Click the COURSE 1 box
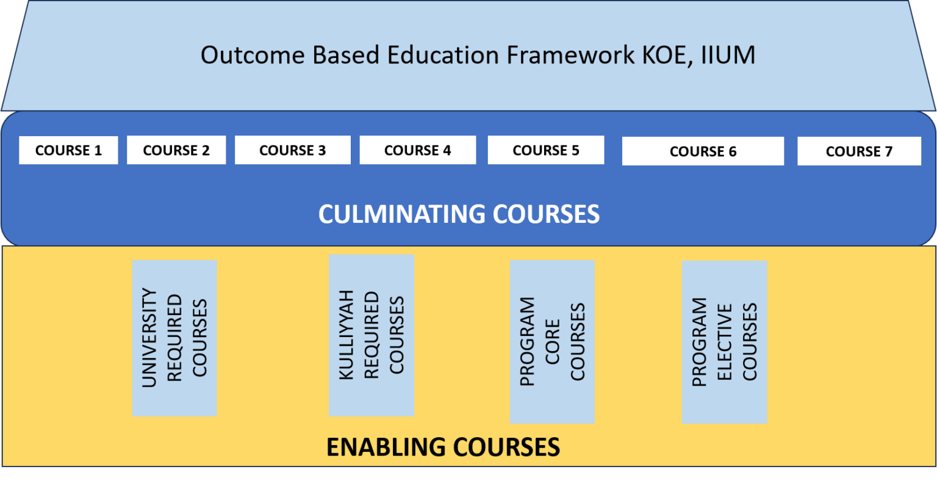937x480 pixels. [68, 150]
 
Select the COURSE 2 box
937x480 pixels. [176, 150]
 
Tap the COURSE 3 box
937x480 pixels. [293, 150]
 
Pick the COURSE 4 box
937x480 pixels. [418, 150]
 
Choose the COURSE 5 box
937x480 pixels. [546, 150]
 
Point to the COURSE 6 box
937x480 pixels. [703, 151]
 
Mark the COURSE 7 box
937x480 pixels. [859, 151]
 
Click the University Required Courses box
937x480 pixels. [174, 338]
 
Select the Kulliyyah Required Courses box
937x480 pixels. [372, 335]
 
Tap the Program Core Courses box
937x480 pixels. [552, 341]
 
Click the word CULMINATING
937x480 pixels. [401, 214]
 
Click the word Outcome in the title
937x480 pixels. [253, 55]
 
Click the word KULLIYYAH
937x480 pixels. [346, 335]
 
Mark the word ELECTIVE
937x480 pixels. [724, 342]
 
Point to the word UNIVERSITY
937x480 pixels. [149, 338]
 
